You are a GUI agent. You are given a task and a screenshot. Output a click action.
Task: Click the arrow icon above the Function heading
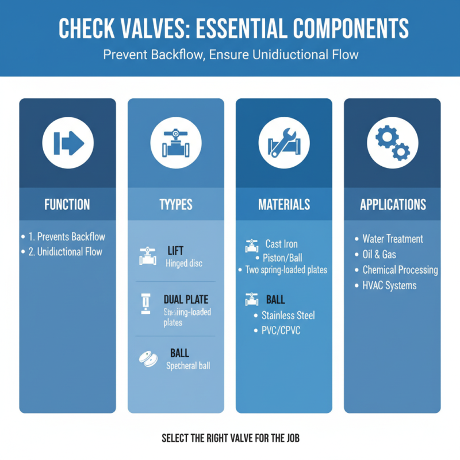[68, 141]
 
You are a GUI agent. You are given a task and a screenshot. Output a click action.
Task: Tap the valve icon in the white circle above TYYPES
[175, 141]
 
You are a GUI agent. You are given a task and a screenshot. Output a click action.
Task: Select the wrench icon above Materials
[283, 141]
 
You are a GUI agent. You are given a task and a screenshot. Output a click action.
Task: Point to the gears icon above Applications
[392, 141]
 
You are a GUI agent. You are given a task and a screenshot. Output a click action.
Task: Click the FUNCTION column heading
[67, 204]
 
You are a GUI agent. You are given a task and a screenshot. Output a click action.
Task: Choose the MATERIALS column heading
[284, 204]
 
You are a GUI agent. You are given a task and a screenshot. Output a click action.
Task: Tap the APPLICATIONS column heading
[393, 204]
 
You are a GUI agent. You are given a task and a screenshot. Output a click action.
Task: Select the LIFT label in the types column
[175, 251]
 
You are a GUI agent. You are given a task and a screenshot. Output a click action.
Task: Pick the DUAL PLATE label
[186, 300]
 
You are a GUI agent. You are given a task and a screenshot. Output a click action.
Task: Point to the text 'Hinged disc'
[184, 264]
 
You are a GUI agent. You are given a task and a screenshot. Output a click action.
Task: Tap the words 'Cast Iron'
[282, 244]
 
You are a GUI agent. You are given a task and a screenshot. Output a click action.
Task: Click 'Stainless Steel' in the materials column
[288, 315]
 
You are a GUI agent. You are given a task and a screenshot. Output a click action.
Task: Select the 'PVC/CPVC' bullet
[281, 331]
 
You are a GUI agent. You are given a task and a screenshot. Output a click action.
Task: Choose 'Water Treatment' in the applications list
[393, 239]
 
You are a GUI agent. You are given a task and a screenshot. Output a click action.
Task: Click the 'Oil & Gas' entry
[379, 254]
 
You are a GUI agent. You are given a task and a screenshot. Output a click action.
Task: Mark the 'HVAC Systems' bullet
[389, 285]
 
